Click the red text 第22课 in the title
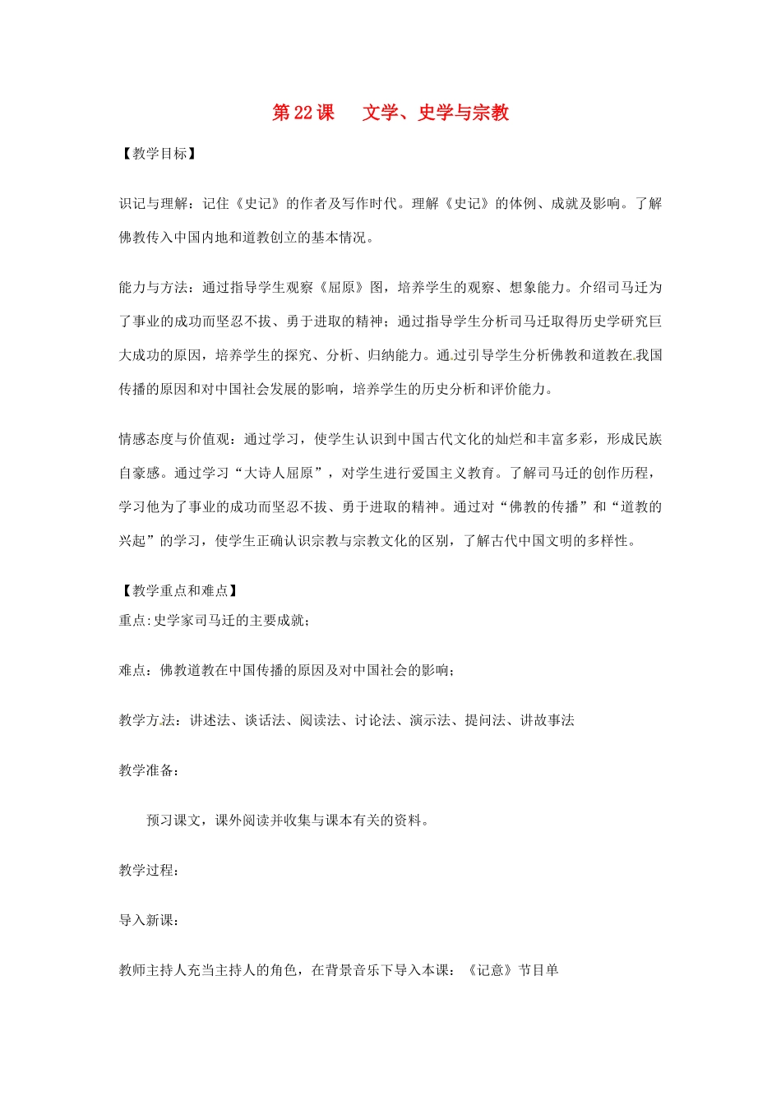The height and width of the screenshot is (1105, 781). tap(303, 113)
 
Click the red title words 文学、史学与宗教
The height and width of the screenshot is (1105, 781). tap(436, 113)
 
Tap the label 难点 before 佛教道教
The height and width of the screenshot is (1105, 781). tap(132, 670)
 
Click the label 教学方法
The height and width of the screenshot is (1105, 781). tap(146, 720)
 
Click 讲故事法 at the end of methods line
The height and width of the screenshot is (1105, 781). tap(548, 720)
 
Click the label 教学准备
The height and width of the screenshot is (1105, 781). tap(146, 770)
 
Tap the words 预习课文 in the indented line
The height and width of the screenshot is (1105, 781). tap(173, 821)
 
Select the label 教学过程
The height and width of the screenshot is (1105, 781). tap(146, 870)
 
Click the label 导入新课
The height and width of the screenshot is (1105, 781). tap(146, 920)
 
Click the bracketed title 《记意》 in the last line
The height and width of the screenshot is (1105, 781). tap(490, 970)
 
